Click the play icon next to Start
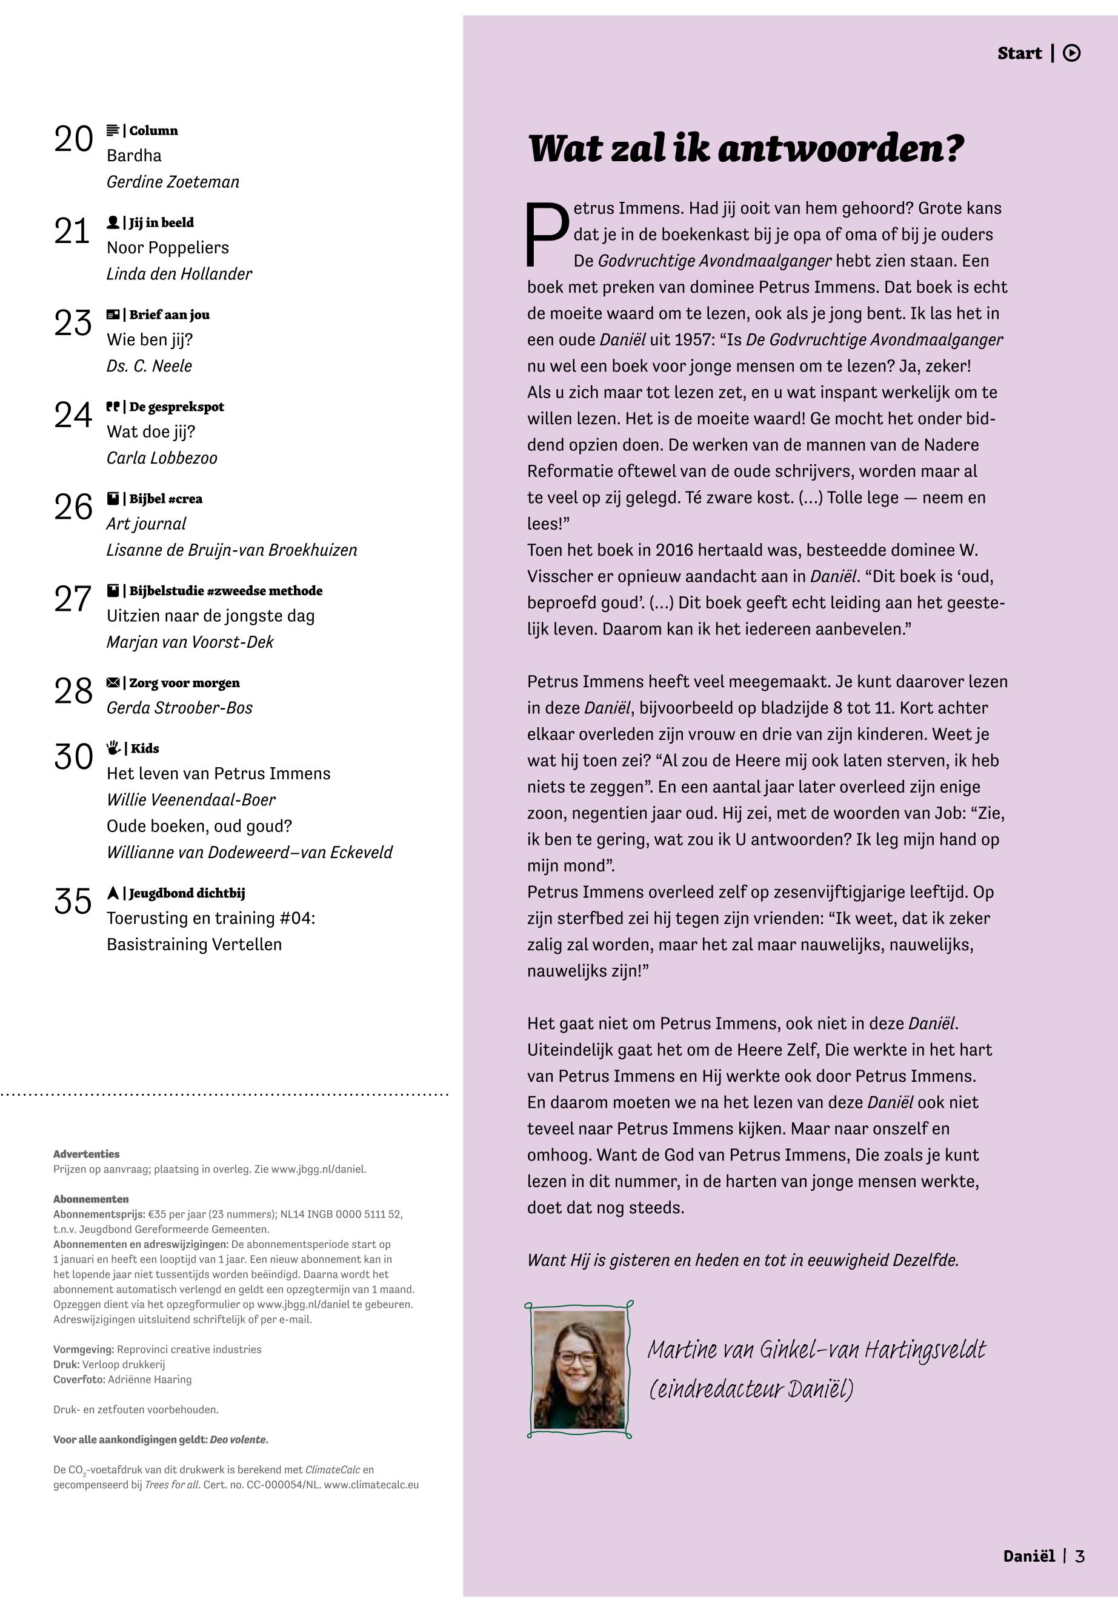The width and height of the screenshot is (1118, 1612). coord(1071,53)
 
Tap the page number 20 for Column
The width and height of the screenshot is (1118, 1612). coord(73,139)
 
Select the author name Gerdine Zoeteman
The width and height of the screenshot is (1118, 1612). coord(172,182)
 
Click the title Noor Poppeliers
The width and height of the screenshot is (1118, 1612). coord(167,248)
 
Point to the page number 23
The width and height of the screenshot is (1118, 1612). coord(73,323)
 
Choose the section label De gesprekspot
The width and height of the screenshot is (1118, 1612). coord(176,407)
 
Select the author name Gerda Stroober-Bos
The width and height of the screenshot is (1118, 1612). coord(179,708)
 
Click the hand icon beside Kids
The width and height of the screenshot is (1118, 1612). coord(113,748)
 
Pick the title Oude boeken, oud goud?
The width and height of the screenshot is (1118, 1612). coord(199,827)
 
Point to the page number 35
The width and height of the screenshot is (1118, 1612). coord(73,902)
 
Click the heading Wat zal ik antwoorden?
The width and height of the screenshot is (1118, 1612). coord(745,149)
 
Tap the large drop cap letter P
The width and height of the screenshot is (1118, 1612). coord(547,235)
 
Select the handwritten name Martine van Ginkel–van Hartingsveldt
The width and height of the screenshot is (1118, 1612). coord(816,1351)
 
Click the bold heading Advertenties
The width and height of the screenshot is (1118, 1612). coord(86,1154)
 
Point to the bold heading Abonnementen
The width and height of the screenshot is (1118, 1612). coord(91,1199)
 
